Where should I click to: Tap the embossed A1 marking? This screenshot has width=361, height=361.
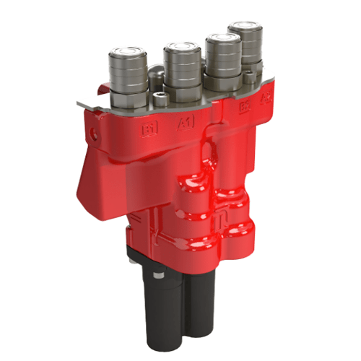(x=186, y=124)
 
